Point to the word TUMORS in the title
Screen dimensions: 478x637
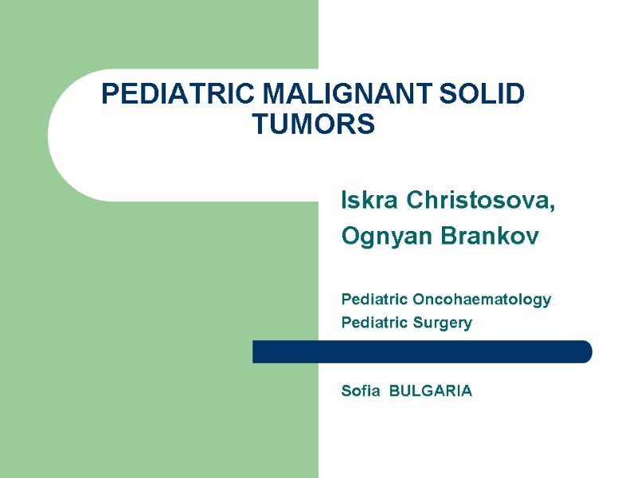313,124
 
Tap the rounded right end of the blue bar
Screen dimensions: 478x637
585,351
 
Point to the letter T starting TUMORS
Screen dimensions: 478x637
260,124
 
